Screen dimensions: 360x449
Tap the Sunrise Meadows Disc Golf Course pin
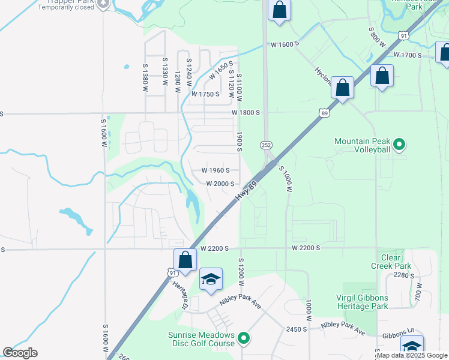point(244,339)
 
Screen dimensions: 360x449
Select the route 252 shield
point(266,145)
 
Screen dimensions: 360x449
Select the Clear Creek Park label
point(391,262)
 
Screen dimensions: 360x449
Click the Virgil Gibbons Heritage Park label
point(363,302)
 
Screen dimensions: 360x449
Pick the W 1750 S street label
point(206,95)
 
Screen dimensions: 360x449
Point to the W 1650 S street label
point(220,71)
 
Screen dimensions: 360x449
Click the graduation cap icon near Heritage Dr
point(211,280)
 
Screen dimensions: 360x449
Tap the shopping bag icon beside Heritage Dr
point(185,260)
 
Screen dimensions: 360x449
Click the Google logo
point(20,353)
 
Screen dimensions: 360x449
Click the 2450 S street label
point(297,329)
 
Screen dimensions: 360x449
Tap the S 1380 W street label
point(145,78)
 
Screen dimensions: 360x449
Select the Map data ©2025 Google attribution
point(412,355)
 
